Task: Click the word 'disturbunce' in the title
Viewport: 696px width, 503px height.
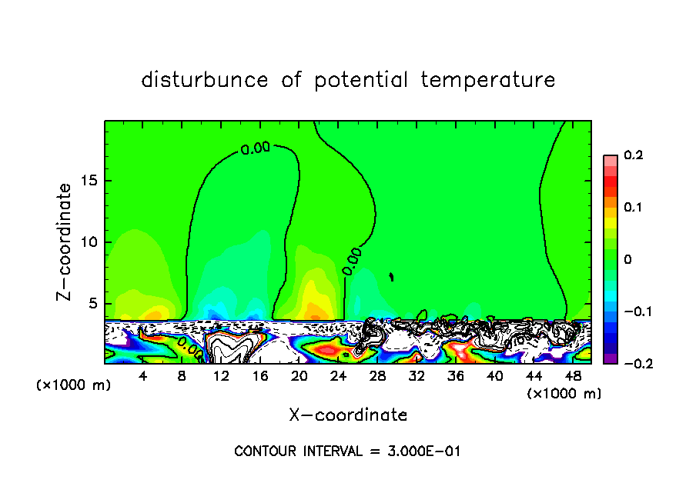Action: tap(204, 80)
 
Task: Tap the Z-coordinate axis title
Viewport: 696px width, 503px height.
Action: tap(65, 242)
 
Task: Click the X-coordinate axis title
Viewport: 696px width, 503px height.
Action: tap(348, 415)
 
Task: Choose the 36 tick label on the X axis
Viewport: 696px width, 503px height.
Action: tap(455, 376)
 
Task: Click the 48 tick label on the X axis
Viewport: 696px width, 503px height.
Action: tap(572, 376)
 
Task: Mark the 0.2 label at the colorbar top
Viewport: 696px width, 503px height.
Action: tap(633, 155)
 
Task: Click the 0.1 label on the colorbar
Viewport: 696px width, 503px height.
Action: tap(633, 208)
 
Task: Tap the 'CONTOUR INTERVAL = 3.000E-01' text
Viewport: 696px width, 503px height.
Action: tap(347, 451)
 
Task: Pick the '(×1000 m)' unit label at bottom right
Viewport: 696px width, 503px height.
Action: tap(564, 394)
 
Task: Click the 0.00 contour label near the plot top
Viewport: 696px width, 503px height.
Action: tap(256, 149)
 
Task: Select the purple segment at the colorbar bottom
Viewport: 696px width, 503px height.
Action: tap(610, 358)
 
